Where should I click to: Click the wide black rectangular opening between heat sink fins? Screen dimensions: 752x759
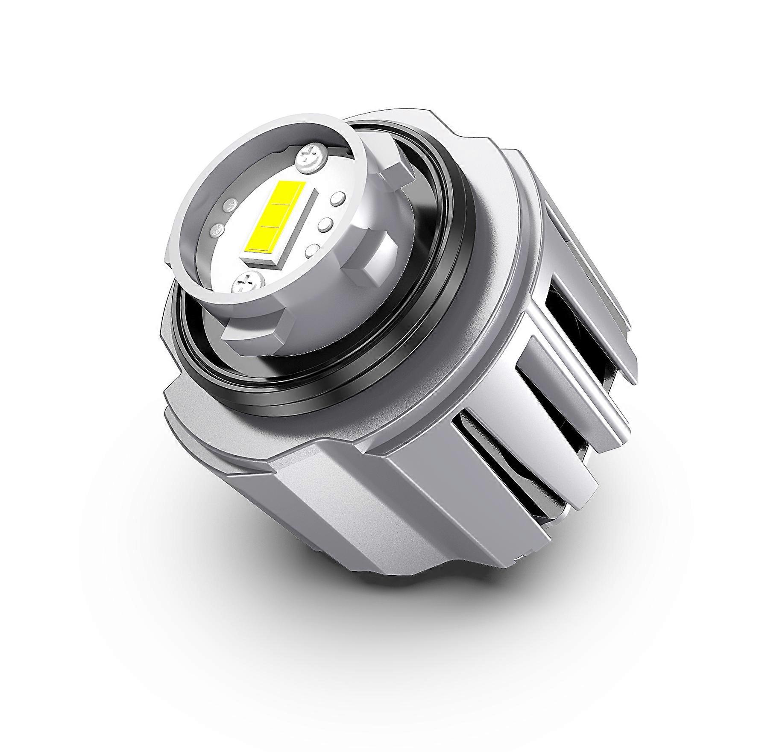[x=568, y=316]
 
